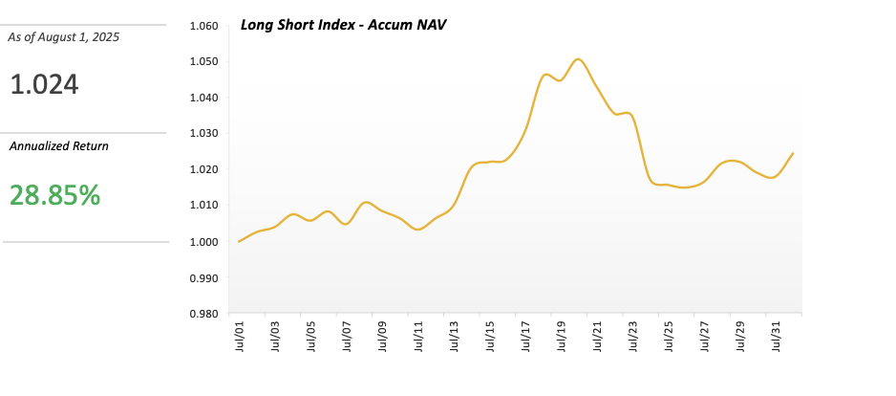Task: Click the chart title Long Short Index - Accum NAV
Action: (344, 24)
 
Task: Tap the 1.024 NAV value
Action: (44, 85)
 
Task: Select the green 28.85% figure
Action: (54, 195)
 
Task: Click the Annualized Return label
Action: (58, 146)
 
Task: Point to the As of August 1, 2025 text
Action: (64, 36)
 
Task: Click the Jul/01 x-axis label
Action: (239, 337)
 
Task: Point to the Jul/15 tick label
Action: (490, 337)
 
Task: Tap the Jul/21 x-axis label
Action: (598, 337)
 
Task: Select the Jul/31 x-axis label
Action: (777, 337)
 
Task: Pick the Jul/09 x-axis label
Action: (382, 337)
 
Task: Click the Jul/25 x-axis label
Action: (670, 337)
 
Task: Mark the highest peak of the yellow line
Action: (578, 59)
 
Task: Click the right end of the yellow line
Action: (793, 153)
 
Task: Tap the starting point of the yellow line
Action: (238, 241)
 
